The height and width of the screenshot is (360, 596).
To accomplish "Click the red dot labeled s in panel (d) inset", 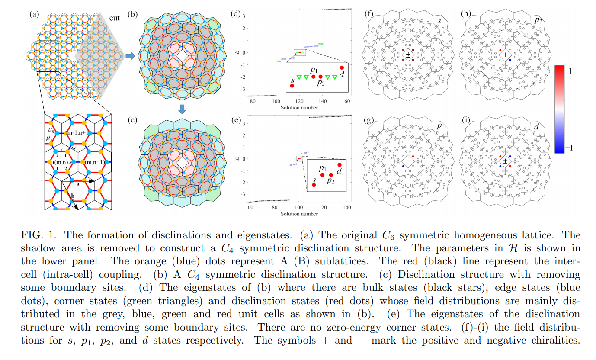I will click(x=292, y=86).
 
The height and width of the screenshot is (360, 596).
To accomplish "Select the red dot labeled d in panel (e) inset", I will click(x=340, y=165).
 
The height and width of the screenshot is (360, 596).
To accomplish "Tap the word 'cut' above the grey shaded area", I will click(x=115, y=19).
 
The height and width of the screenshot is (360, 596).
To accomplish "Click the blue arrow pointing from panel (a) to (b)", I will click(x=129, y=56).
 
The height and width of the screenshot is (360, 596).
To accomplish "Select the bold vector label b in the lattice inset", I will click(x=73, y=196).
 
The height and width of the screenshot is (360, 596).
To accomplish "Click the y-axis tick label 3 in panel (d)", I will click(x=244, y=16).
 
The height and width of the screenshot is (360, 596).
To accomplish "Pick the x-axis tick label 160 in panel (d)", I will click(x=345, y=102).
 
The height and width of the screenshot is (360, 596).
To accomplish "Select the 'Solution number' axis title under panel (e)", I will click(x=299, y=214).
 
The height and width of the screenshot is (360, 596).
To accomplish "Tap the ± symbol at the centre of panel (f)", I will click(x=408, y=56).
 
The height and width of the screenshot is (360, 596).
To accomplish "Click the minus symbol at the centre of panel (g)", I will click(x=408, y=161).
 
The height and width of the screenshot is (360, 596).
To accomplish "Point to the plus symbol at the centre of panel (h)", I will click(x=505, y=56).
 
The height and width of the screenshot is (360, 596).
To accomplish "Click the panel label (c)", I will click(x=132, y=120).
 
